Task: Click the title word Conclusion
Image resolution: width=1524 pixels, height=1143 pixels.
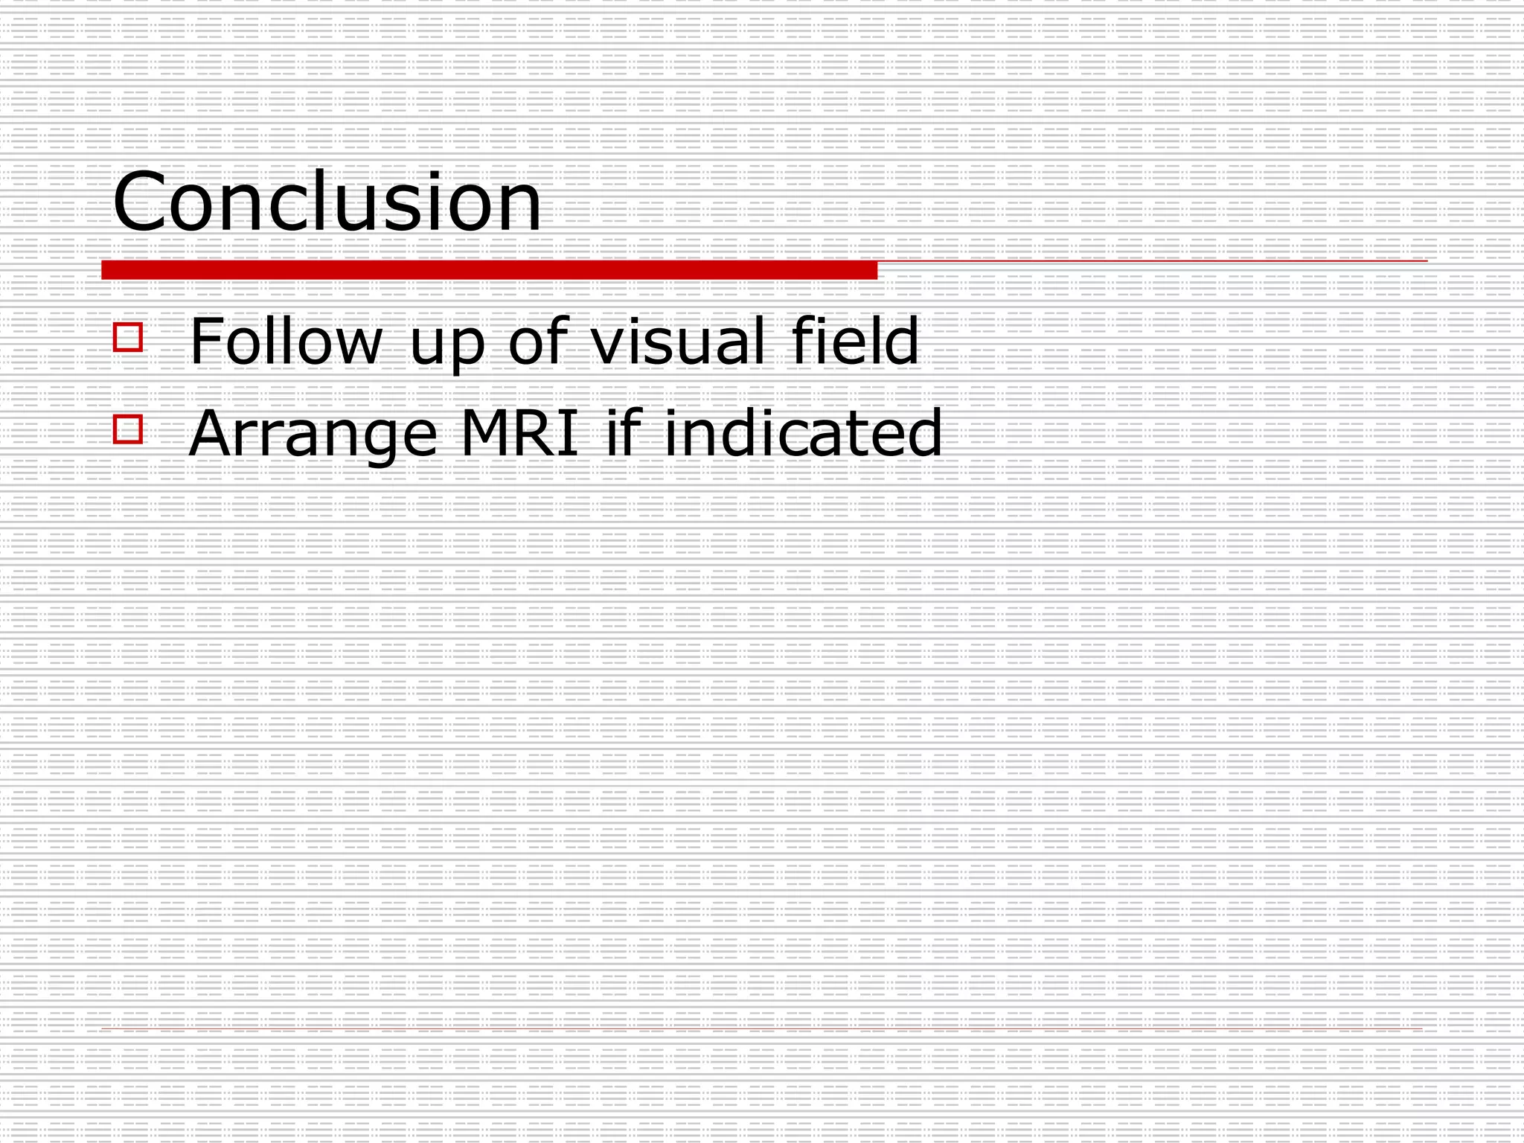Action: [x=327, y=202]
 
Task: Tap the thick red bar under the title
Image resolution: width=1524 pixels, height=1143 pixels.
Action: [x=489, y=270]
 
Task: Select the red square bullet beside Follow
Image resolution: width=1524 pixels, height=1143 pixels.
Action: [x=128, y=337]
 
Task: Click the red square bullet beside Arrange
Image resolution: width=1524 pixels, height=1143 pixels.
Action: [x=128, y=429]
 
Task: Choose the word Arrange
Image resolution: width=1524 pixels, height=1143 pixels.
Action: [x=313, y=435]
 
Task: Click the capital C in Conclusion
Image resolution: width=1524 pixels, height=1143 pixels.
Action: [x=139, y=202]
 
